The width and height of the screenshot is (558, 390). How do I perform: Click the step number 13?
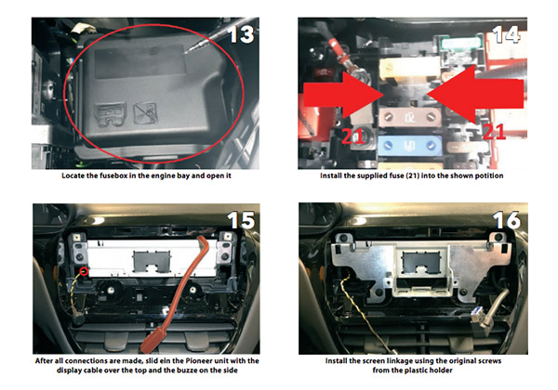point(242,34)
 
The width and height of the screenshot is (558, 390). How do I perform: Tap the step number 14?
point(507,34)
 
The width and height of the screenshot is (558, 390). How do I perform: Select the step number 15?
point(241,220)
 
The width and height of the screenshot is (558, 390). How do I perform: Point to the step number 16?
point(507,220)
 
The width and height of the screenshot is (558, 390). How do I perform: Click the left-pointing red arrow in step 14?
point(475,94)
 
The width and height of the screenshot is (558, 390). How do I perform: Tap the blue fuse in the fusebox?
point(409,145)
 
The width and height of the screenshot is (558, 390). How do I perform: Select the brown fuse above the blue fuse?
point(410,117)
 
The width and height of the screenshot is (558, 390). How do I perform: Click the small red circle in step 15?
point(84,272)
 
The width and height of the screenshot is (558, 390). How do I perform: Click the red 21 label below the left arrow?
point(352,136)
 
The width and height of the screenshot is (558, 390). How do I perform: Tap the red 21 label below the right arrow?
point(495,132)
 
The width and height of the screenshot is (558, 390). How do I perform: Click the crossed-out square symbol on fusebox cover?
point(145,113)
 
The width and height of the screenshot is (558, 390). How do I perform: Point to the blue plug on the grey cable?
point(477,315)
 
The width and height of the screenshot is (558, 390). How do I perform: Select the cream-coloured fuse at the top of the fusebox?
point(410,69)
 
